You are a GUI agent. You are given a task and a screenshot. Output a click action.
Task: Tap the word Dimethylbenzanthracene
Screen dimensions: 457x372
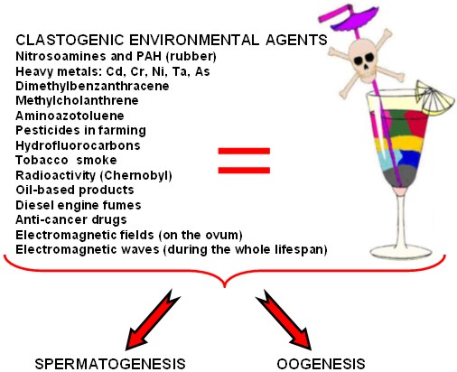(x=92, y=86)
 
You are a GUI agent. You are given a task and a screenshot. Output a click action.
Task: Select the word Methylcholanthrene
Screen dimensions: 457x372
(x=77, y=100)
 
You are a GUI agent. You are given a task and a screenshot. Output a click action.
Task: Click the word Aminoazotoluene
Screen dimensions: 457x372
(x=70, y=116)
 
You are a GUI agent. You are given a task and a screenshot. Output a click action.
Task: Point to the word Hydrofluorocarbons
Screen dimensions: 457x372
(x=78, y=145)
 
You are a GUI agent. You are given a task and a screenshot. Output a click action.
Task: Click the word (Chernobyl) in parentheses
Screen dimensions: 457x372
(x=135, y=175)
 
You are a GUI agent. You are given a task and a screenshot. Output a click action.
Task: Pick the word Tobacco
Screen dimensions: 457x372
(x=42, y=160)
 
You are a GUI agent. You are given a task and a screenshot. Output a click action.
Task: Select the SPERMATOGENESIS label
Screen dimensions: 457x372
(x=110, y=364)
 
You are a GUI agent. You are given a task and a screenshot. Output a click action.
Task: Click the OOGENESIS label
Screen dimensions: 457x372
(x=321, y=364)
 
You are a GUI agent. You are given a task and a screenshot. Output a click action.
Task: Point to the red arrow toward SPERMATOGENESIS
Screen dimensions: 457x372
(x=153, y=321)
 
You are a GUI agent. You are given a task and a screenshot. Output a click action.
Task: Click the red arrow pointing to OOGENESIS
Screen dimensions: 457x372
(x=284, y=321)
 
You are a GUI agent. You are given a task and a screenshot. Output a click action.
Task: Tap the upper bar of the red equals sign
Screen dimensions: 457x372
(x=244, y=151)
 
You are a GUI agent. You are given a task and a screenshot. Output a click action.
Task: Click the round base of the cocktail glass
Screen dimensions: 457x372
(x=401, y=251)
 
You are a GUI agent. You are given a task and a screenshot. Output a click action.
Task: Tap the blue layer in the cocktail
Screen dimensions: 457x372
(x=409, y=159)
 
